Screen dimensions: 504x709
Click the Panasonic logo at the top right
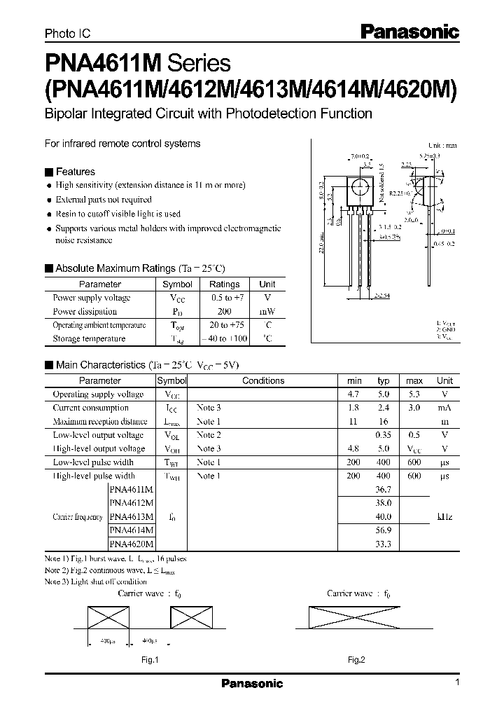pyautogui.click(x=409, y=31)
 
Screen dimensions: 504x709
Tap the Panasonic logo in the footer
pyautogui.click(x=252, y=683)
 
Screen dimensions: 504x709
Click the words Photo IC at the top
pyautogui.click(x=67, y=33)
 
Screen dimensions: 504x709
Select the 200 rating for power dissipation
pyautogui.click(x=224, y=311)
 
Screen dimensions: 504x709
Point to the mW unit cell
pyautogui.click(x=267, y=311)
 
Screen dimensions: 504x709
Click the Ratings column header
pyautogui.click(x=224, y=284)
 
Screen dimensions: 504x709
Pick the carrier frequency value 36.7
pyautogui.click(x=383, y=489)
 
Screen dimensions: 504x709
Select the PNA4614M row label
pyautogui.click(x=132, y=530)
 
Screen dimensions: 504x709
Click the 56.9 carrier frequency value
pyautogui.click(x=383, y=530)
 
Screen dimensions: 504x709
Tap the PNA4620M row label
pyautogui.click(x=132, y=543)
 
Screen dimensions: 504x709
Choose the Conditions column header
pyautogui.click(x=263, y=380)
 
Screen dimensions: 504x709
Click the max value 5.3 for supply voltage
pyautogui.click(x=414, y=394)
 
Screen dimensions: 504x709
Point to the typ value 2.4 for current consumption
pyautogui.click(x=383, y=408)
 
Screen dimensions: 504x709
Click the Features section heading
pyautogui.click(x=75, y=172)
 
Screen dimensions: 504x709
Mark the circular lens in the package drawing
pyautogui.click(x=359, y=187)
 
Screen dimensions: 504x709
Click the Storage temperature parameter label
pyautogui.click(x=89, y=338)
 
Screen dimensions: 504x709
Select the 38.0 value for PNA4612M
pyautogui.click(x=383, y=502)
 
